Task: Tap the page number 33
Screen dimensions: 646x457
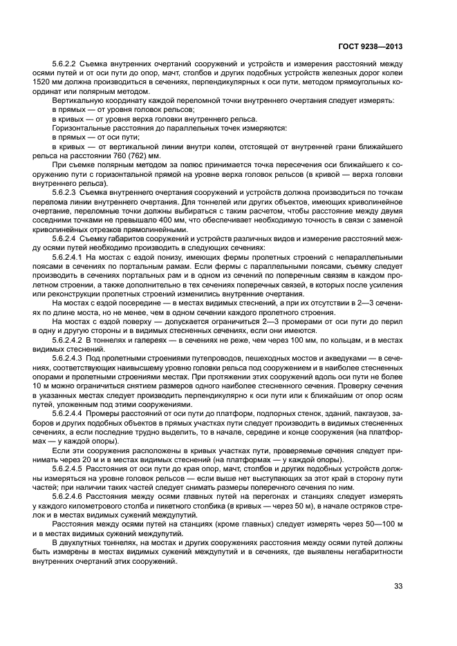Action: [398, 587]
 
